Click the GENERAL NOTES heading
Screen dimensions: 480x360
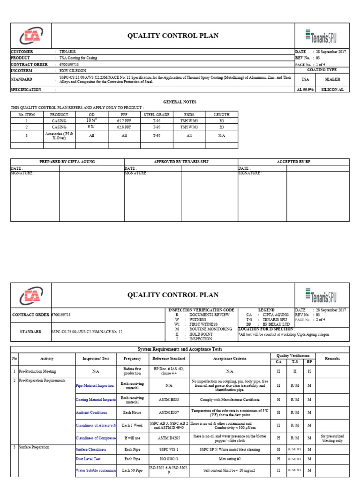click(x=180, y=102)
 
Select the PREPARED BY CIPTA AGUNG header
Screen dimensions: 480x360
click(x=67, y=162)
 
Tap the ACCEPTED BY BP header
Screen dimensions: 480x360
click(x=293, y=162)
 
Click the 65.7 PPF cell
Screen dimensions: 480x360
click(x=124, y=120)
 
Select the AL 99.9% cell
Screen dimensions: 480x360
click(x=305, y=89)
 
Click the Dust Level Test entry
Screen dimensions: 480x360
click(x=89, y=459)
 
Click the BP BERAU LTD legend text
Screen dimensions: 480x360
click(x=277, y=324)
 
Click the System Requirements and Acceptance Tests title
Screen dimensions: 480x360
click(x=180, y=349)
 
